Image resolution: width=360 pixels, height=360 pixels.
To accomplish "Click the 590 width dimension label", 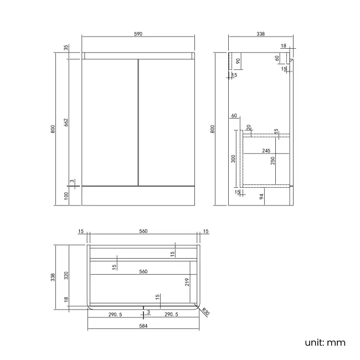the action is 138,34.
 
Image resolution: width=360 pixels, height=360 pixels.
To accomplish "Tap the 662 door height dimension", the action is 66,122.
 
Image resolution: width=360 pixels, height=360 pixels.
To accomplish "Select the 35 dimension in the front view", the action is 66,48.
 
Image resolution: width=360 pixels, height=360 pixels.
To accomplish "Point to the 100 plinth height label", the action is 66,196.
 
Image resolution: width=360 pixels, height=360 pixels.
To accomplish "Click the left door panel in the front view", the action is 110,122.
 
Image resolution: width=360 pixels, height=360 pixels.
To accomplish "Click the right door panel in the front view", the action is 167,122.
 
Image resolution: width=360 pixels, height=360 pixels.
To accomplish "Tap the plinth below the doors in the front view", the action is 138,196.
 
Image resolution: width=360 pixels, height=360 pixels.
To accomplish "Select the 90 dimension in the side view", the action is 238,61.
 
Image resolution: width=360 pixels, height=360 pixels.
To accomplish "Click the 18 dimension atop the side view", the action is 284,45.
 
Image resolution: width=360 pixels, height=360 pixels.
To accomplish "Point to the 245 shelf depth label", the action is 266,151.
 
